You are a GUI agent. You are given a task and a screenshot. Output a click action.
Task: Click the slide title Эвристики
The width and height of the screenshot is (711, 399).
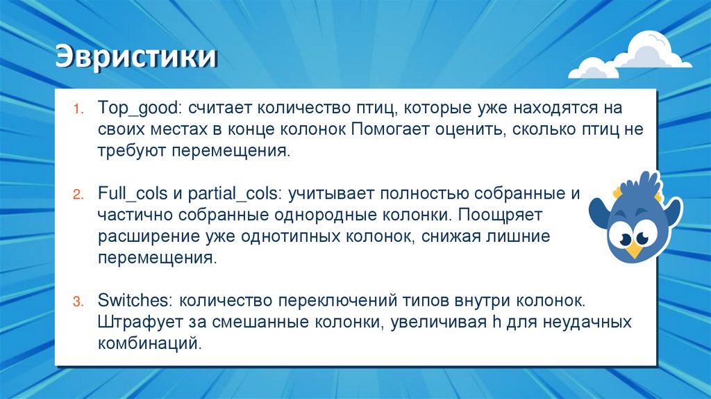click(x=136, y=58)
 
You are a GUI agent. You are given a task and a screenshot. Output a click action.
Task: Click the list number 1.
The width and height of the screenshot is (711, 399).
click(x=78, y=109)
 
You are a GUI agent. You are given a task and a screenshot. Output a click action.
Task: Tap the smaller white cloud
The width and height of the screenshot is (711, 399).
click(x=594, y=68)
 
